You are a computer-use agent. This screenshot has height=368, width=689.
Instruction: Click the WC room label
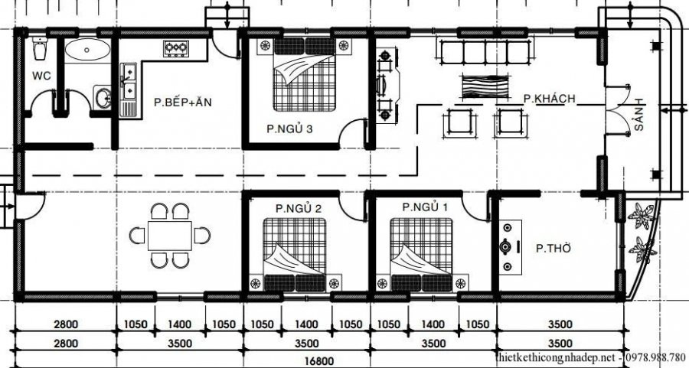[x=41, y=76]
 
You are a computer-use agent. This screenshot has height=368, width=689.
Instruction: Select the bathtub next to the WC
[x=87, y=51]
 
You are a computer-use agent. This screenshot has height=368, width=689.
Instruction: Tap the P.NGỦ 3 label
[x=289, y=129]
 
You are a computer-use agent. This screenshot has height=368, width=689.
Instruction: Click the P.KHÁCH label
[x=549, y=99]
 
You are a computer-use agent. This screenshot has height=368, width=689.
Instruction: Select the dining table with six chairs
[x=169, y=235]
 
